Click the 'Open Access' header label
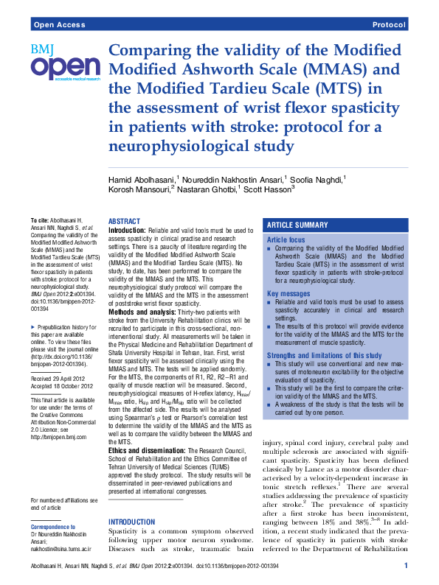click(x=58, y=25)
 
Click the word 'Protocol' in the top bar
click(x=389, y=25)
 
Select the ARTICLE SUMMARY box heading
click(x=297, y=225)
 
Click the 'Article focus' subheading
click(x=286, y=240)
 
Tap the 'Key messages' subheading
click(x=289, y=293)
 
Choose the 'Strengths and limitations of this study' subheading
click(x=324, y=356)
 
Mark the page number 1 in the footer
click(x=406, y=565)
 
